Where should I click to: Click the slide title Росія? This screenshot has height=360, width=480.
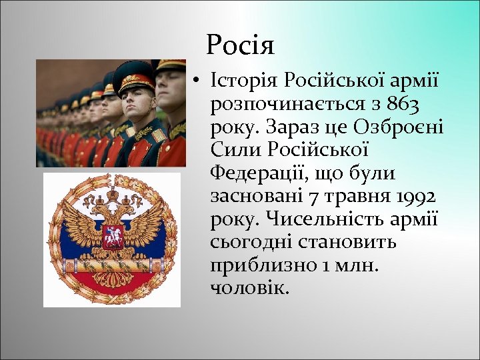240,45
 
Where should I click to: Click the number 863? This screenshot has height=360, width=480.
410,104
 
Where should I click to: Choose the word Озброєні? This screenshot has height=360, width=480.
397,127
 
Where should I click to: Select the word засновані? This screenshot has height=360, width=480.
255,197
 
